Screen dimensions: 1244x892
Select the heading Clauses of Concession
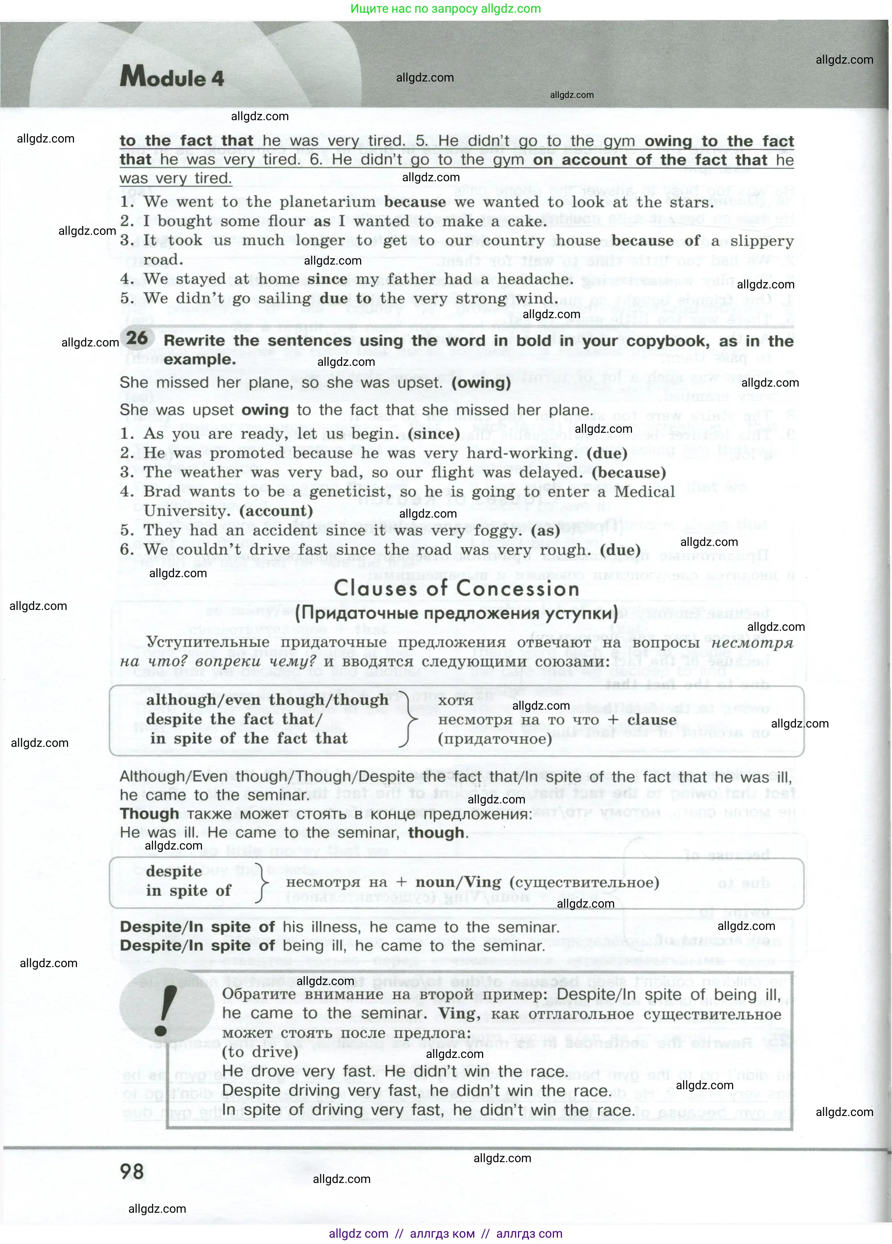pyautogui.click(x=456, y=589)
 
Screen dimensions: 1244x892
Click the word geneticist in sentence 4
pyautogui.click(x=356, y=492)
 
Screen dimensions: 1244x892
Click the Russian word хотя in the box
pyautogui.click(x=456, y=700)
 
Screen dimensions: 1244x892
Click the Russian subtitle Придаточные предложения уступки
pyautogui.click(x=456, y=613)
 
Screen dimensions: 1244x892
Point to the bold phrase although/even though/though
pyautogui.click(x=267, y=700)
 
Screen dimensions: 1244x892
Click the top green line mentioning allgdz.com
pyautogui.click(x=445, y=9)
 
